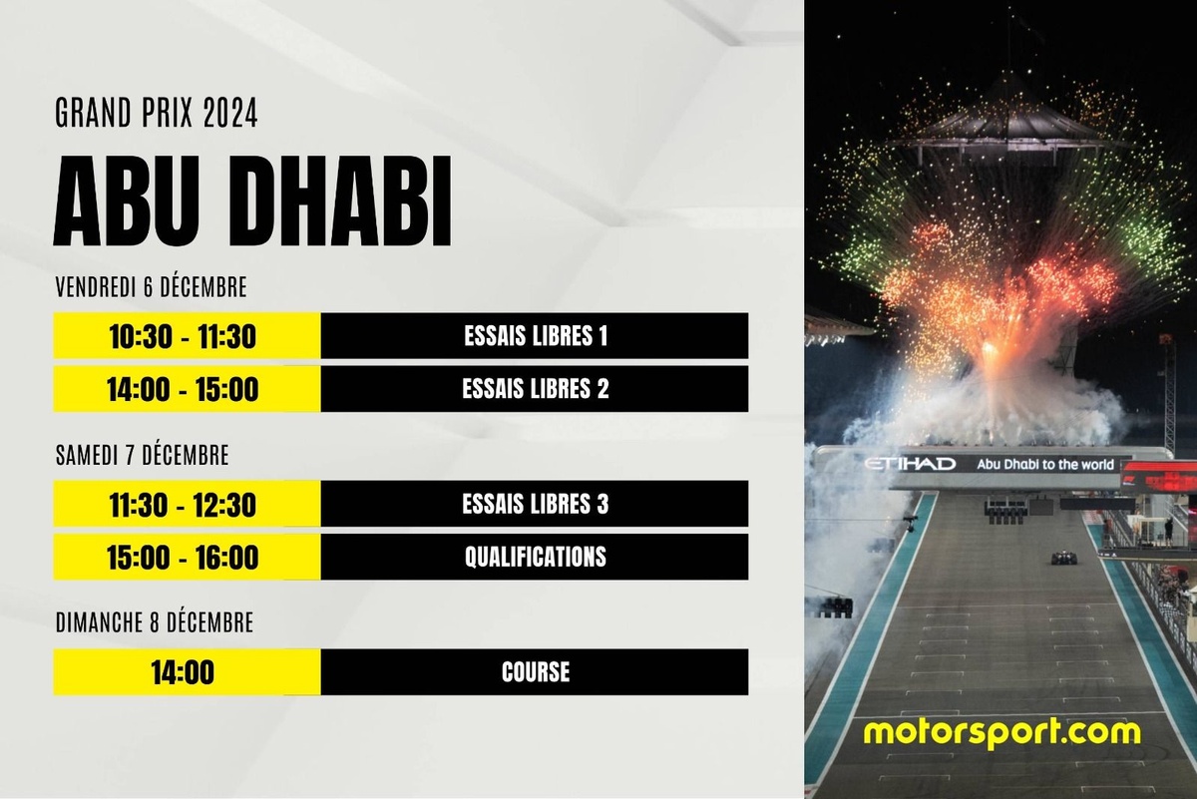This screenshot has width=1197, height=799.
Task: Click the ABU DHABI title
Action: tap(252, 201)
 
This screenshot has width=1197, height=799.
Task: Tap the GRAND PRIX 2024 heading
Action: tap(157, 113)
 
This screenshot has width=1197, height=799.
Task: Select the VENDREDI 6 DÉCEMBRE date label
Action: tap(152, 287)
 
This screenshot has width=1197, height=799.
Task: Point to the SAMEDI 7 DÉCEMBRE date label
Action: tap(142, 455)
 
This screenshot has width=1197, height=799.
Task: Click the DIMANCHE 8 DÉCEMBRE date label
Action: tap(155, 622)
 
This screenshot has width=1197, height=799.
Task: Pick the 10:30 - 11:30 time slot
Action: tap(183, 337)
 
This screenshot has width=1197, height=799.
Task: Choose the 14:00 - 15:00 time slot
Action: tap(183, 389)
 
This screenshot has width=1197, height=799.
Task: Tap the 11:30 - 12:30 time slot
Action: tap(183, 505)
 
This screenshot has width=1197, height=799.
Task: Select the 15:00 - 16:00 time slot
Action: tap(183, 557)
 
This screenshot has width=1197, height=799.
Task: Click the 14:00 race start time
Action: tap(183, 672)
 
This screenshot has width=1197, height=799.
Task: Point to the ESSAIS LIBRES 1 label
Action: tap(536, 336)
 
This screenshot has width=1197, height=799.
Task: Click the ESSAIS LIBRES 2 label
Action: tap(536, 389)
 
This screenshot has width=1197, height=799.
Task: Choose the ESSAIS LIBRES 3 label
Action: tap(536, 504)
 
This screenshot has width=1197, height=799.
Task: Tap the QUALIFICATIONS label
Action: tap(536, 557)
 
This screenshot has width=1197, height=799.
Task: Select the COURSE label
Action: tap(536, 671)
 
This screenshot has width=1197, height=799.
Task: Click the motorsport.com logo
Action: tap(1001, 733)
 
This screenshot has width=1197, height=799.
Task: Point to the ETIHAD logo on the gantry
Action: tap(910, 464)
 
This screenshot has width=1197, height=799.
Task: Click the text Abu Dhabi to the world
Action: tap(1045, 465)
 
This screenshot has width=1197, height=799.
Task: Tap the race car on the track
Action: tap(1064, 559)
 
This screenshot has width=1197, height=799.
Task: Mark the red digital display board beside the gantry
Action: tap(1157, 476)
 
